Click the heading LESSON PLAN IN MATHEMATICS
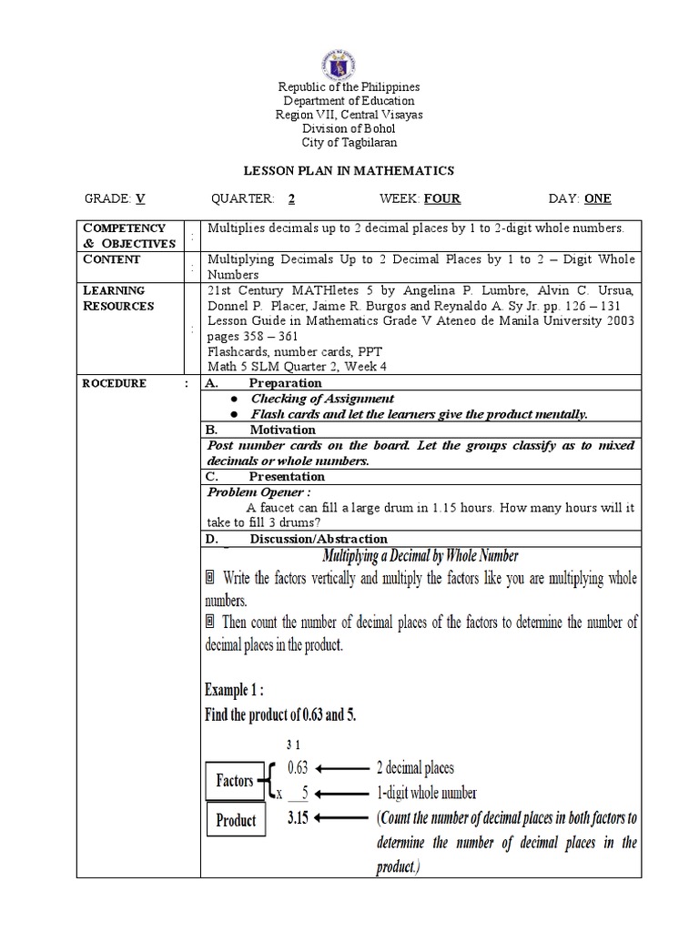click(349, 170)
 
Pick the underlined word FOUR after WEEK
click(442, 198)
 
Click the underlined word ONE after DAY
click(598, 198)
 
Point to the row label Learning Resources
click(119, 299)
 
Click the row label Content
click(112, 259)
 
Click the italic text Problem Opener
click(253, 492)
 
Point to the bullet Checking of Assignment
click(322, 399)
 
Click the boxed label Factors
click(235, 780)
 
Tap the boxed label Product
click(236, 820)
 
